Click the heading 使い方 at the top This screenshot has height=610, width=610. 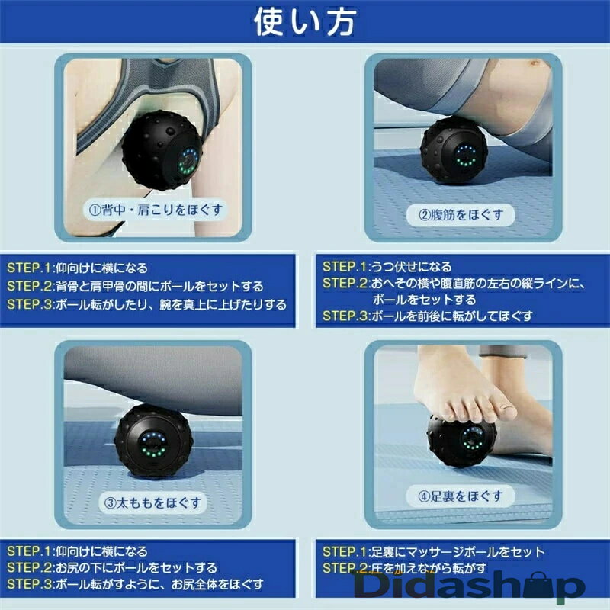tap(304, 22)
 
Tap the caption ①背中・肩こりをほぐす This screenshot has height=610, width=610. tap(156, 210)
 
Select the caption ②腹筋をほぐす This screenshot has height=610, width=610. tap(461, 214)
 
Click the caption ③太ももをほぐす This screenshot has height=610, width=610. tap(153, 502)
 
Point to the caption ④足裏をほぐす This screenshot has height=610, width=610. tap(461, 496)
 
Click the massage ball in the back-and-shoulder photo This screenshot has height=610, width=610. tap(162, 150)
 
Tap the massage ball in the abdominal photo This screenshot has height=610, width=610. tap(454, 149)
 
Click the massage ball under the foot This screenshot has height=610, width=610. tap(462, 441)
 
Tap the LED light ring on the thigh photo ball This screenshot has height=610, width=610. tap(153, 444)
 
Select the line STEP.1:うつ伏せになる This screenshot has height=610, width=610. tap(387, 266)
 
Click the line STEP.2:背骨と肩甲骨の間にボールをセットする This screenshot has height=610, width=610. tap(136, 287)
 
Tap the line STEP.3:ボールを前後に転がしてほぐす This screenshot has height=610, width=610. tap(428, 316)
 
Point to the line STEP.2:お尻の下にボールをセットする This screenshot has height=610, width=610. tap(112, 567)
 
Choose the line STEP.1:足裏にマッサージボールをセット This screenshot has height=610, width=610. tap(434, 551)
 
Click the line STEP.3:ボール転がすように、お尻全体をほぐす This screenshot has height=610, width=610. tap(136, 584)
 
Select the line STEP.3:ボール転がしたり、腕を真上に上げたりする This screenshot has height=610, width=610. tap(147, 304)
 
